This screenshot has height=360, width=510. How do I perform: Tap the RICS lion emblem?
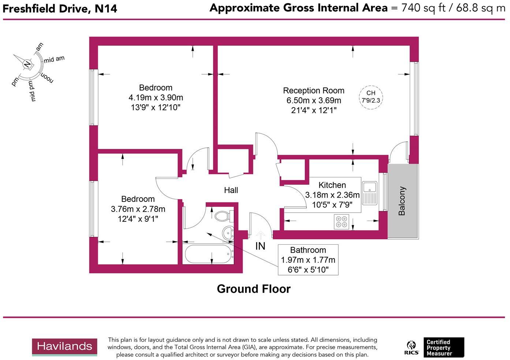tap(412, 348)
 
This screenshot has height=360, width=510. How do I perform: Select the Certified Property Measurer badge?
tap(443, 348)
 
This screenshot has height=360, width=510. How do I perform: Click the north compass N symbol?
tap(27, 65)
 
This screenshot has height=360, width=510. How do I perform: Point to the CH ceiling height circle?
tap(371, 97)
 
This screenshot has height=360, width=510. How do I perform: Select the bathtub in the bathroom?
tap(209, 254)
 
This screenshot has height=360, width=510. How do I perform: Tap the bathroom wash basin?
tap(228, 232)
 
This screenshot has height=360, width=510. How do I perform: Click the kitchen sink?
tap(370, 193)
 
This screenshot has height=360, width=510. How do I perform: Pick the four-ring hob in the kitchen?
tap(342, 222)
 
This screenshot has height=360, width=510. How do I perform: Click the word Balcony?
tap(402, 201)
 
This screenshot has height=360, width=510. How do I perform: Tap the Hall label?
tap(231, 190)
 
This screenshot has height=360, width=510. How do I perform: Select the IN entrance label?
tap(260, 246)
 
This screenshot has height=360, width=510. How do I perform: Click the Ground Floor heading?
tap(254, 289)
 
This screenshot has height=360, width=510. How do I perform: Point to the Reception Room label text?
tap(314, 91)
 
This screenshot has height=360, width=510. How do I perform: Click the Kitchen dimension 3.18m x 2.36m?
tap(332, 195)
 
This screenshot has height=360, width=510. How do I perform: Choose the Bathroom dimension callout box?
tap(308, 260)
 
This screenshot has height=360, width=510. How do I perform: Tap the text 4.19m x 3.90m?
tap(156, 98)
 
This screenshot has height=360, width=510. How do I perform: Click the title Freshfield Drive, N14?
tap(60, 9)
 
